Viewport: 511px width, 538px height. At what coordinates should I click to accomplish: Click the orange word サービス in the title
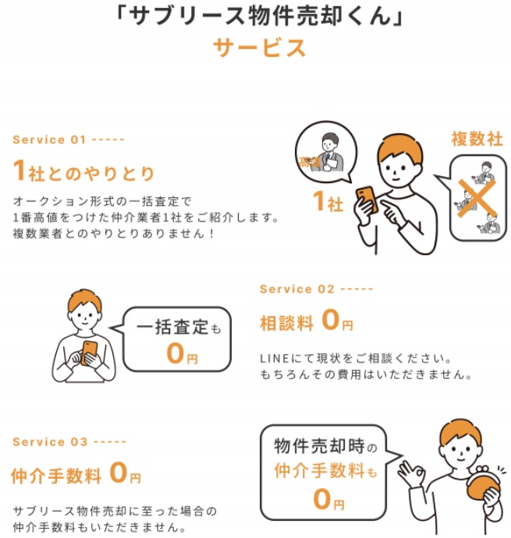click(259, 48)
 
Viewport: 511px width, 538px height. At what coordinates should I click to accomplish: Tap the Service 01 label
click(49, 140)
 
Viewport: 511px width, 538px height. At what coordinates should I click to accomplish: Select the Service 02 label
click(297, 289)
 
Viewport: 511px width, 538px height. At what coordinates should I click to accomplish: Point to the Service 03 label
click(50, 441)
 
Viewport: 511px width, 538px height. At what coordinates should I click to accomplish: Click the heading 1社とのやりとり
click(83, 172)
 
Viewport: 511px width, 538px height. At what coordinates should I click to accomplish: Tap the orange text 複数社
click(477, 139)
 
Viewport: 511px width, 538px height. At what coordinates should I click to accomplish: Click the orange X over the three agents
click(477, 198)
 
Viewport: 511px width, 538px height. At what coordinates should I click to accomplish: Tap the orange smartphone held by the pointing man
click(367, 199)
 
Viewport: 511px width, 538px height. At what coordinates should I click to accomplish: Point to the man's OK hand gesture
click(411, 473)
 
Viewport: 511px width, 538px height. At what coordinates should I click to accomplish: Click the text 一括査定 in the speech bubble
click(172, 326)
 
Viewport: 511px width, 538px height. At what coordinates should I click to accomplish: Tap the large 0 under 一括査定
click(175, 353)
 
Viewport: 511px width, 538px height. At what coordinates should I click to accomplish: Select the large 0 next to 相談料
click(331, 319)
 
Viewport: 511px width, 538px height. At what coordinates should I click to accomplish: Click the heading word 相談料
click(287, 324)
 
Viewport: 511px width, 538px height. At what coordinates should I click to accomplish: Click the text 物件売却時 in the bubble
click(319, 446)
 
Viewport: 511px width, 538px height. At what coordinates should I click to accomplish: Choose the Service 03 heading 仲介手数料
click(56, 476)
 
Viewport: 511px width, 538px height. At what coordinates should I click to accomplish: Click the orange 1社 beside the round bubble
click(328, 201)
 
